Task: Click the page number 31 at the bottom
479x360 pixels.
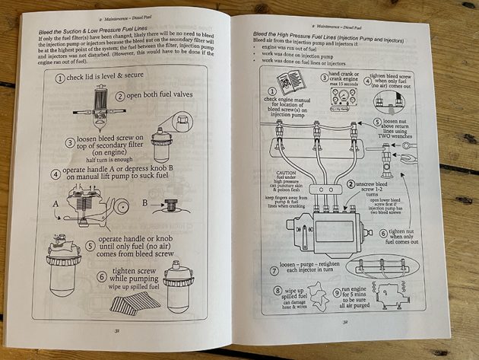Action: coord(119,330)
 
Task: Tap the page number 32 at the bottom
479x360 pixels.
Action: coord(346,322)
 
